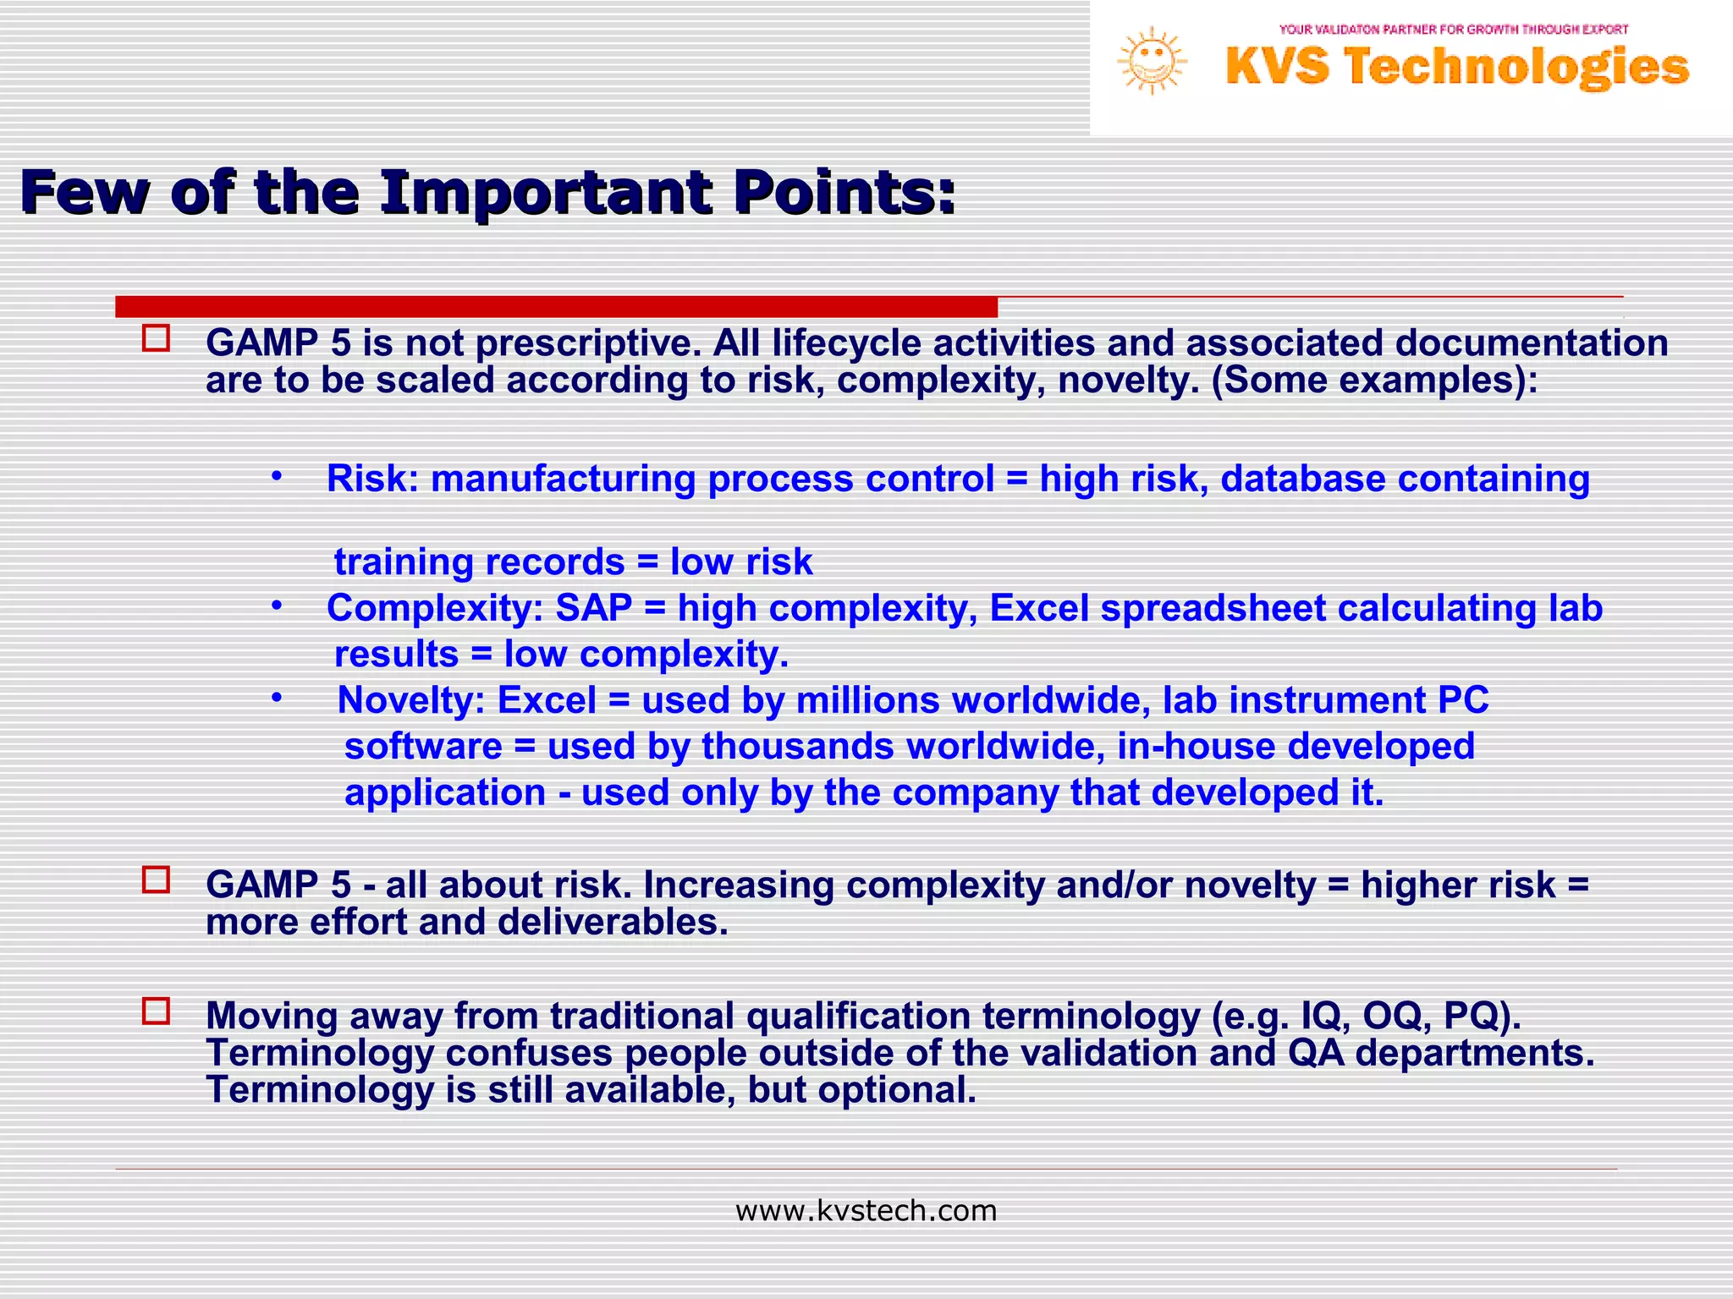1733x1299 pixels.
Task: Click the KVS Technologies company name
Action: [1456, 68]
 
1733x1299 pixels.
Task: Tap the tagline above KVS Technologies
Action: [1453, 30]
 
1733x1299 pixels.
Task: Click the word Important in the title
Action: [546, 193]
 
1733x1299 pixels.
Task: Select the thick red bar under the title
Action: [556, 306]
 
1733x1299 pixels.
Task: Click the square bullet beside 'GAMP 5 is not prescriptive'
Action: [157, 339]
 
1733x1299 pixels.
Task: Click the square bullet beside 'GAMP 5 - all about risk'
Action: [157, 880]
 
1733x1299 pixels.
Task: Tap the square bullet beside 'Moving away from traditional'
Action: [157, 1011]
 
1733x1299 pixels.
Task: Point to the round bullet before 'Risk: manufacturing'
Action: [276, 476]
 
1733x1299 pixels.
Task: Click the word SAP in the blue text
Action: [593, 608]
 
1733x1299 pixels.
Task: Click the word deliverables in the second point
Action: [613, 922]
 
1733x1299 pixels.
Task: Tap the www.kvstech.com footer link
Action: [866, 1211]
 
